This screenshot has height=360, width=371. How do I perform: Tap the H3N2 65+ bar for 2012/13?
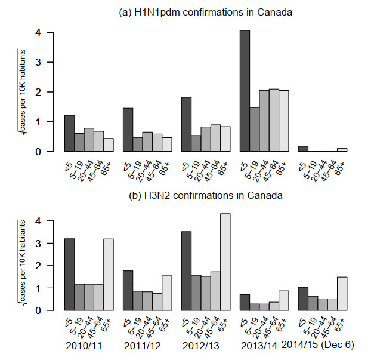pos(224,262)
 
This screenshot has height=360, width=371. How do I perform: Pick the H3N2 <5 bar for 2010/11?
pos(69,275)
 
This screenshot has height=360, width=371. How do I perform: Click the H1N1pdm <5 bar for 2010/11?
pos(69,133)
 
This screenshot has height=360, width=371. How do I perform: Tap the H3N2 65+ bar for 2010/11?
pos(108,275)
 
